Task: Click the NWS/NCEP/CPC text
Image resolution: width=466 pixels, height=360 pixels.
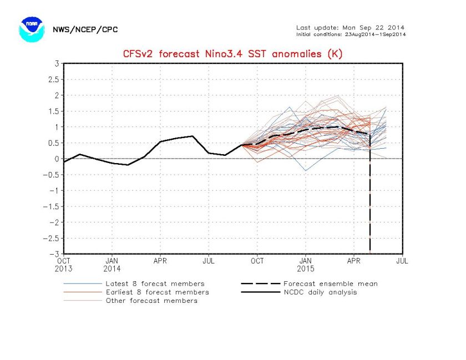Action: pos(85,29)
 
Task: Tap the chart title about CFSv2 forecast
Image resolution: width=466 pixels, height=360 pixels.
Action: pos(232,54)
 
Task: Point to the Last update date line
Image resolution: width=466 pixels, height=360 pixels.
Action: pos(350,27)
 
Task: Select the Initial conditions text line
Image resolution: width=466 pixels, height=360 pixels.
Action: pos(350,34)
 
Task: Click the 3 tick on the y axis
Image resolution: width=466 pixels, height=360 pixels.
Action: pos(57,63)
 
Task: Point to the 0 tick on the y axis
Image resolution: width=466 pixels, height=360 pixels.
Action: pos(57,159)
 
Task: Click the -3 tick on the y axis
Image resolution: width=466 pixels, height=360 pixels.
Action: pos(55,254)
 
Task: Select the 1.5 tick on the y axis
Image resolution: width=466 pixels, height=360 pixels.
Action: pos(54,111)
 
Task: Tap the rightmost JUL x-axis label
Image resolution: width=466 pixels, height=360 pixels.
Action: pos(402,259)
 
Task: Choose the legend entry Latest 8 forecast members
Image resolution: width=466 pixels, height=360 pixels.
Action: pos(155,283)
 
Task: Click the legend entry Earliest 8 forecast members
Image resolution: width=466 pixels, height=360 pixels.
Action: pos(157,292)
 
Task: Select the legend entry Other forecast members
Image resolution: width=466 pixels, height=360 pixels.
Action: pos(151,301)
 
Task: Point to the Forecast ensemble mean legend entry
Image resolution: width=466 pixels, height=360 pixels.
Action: pos(330,283)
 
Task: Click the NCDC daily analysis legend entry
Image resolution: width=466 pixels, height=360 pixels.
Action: pos(320,292)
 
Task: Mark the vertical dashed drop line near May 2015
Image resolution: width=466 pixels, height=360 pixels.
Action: pos(370,205)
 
